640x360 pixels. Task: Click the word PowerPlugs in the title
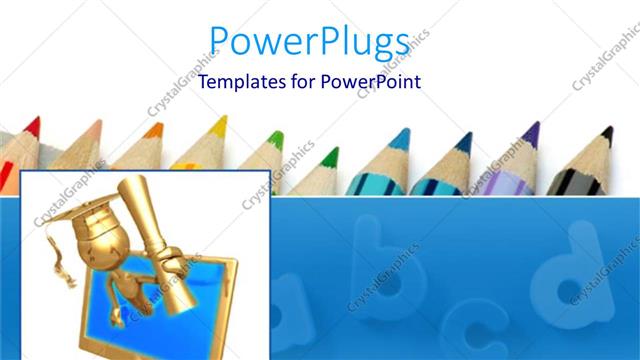point(309,42)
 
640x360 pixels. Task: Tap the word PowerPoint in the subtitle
point(370,82)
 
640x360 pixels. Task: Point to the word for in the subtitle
point(297,82)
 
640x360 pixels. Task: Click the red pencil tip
point(32,126)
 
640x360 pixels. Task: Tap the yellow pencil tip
point(219,125)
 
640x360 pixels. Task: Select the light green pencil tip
point(275,138)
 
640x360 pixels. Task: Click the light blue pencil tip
point(400,138)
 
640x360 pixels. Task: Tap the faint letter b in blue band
point(385,264)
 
